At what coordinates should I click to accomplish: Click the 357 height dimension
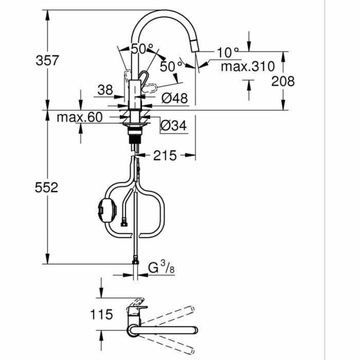tap(47, 60)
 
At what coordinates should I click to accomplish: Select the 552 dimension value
tap(47, 188)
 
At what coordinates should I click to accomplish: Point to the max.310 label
tap(247, 66)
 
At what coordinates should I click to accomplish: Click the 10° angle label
tap(228, 52)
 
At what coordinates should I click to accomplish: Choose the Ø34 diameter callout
tap(173, 124)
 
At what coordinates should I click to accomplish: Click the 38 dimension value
tap(105, 91)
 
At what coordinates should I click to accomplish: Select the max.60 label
tap(80, 117)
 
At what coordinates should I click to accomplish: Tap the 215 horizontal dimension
tap(165, 155)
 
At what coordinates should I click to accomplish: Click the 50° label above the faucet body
tap(142, 49)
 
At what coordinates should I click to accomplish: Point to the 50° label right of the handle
tap(171, 66)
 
